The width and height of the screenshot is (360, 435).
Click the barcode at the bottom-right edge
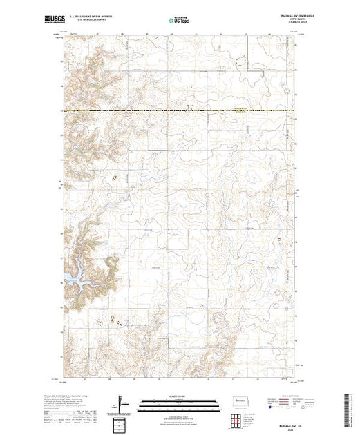[x=351, y=409]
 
